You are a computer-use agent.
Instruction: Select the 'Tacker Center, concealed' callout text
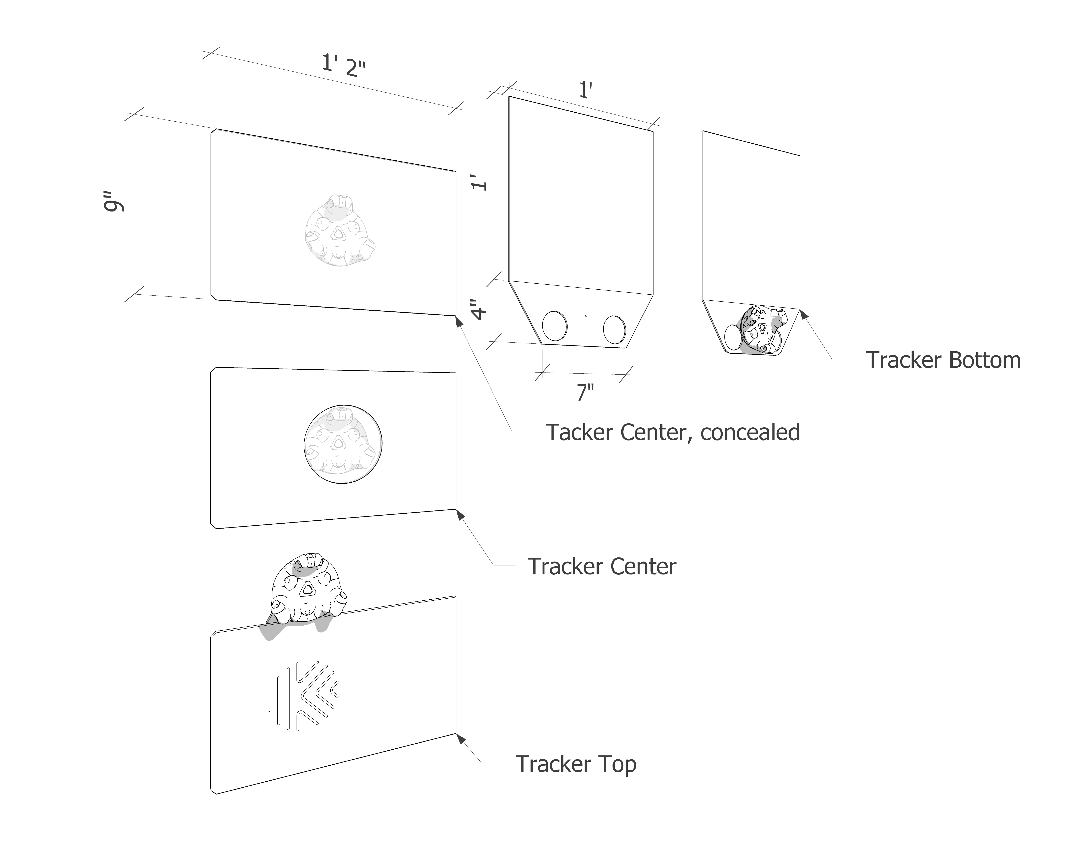[673, 432]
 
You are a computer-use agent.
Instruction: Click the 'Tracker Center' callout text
[602, 567]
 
